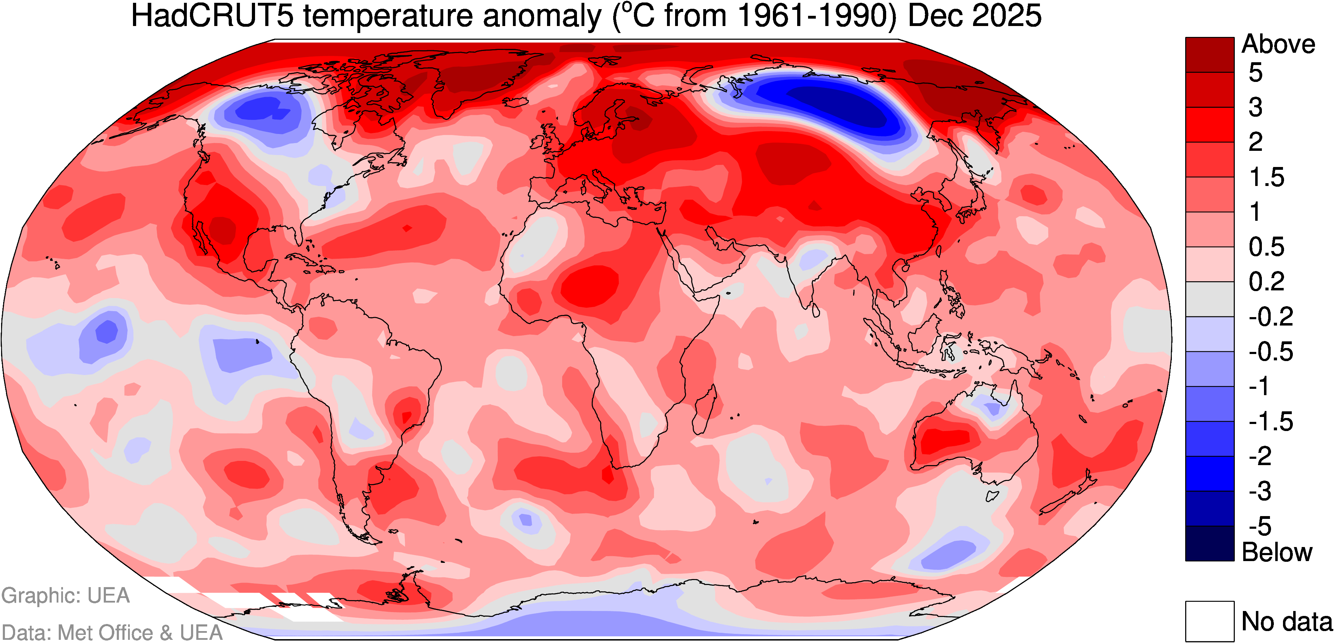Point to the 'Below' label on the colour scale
1277,552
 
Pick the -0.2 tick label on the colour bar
1270,316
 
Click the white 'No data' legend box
1210,621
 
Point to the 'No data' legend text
1287,621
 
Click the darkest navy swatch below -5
1210,543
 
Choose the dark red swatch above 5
1210,54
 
